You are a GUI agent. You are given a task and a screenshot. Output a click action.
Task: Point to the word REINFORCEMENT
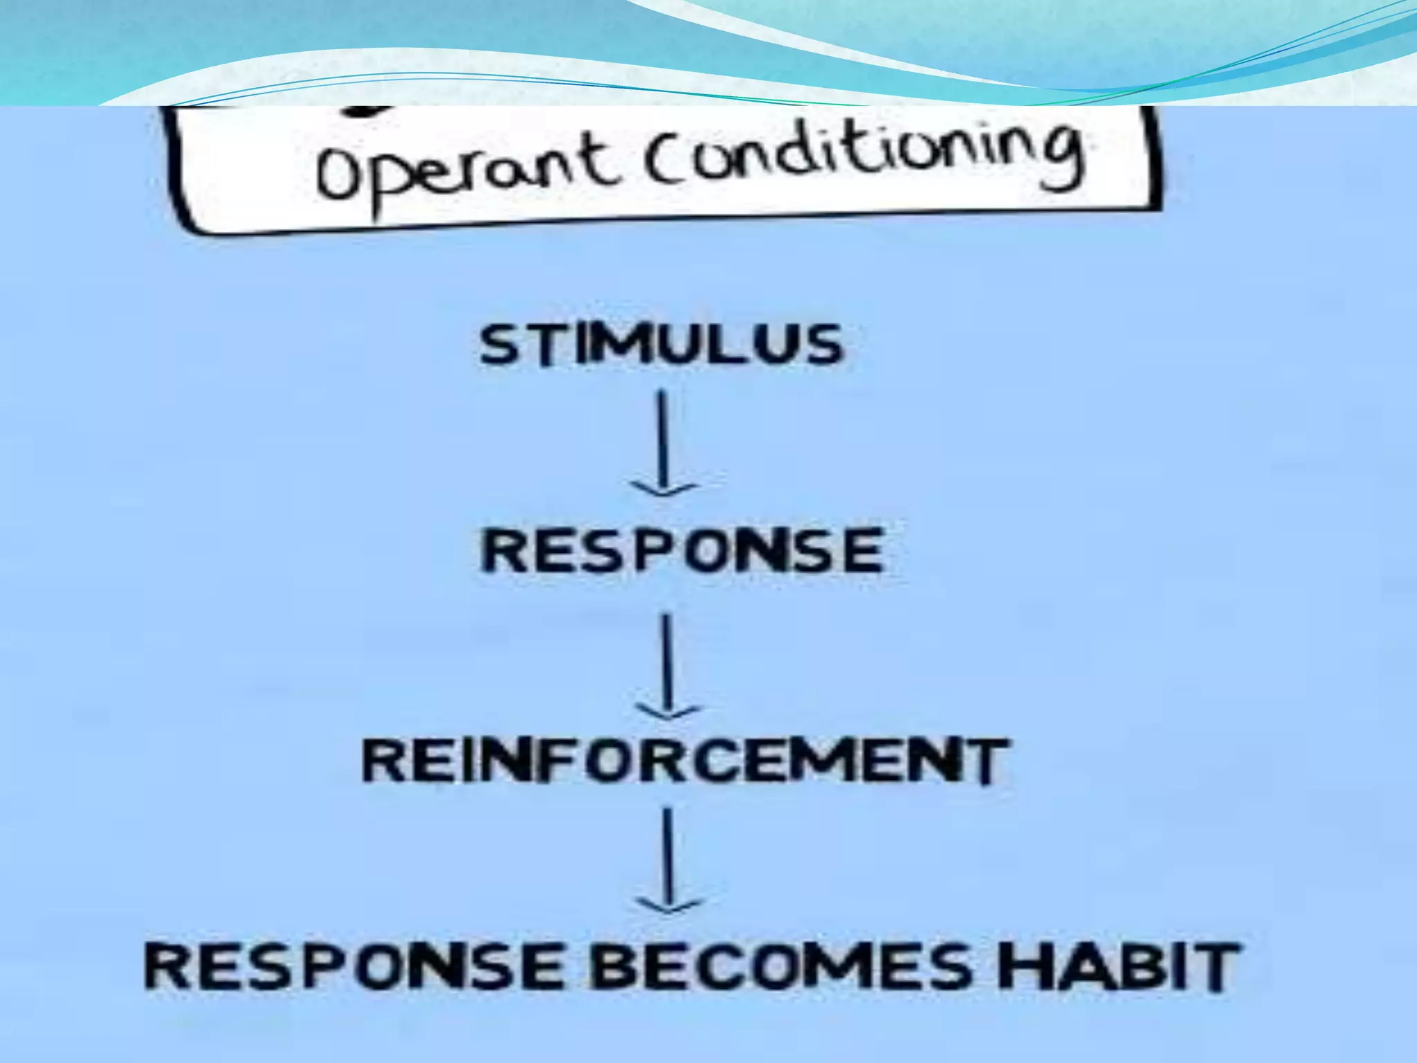(683, 761)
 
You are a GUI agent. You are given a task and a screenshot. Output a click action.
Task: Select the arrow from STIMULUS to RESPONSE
(663, 443)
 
